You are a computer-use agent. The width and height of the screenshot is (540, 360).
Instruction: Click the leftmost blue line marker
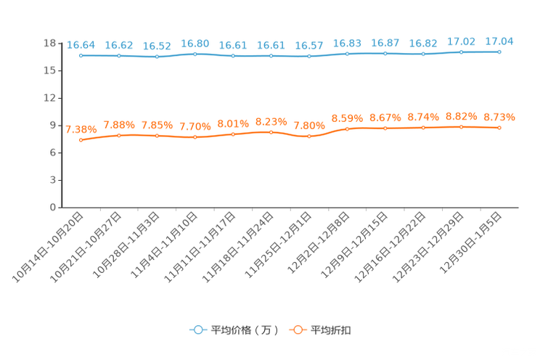(x=81, y=55)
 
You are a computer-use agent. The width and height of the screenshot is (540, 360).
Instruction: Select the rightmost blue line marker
(x=499, y=52)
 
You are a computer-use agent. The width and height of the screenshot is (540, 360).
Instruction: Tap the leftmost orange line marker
(x=81, y=139)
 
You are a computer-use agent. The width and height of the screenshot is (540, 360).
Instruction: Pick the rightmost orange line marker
(x=499, y=128)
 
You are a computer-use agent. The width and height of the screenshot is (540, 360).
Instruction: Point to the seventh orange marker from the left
(x=309, y=136)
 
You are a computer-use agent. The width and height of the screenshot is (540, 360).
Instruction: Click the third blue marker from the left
(x=157, y=57)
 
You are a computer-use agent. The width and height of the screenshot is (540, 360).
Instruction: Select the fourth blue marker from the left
(x=195, y=54)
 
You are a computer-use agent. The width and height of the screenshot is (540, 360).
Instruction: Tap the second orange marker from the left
(x=119, y=135)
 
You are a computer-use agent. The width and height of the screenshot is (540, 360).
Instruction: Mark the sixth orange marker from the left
(x=271, y=132)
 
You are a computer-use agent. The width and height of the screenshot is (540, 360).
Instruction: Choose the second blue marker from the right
(x=461, y=52)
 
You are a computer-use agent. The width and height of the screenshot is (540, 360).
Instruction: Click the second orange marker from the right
(x=461, y=127)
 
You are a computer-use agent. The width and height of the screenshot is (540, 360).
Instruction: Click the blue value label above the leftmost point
(x=81, y=45)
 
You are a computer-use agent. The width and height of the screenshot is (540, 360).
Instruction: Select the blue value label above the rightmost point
(x=499, y=41)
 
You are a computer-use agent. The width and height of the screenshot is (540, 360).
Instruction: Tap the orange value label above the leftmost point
(x=81, y=129)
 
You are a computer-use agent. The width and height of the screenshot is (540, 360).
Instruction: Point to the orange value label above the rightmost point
(x=499, y=117)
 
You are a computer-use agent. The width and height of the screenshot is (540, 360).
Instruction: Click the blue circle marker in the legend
(x=197, y=330)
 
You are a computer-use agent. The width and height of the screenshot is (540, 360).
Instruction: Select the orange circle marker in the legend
(x=298, y=330)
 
